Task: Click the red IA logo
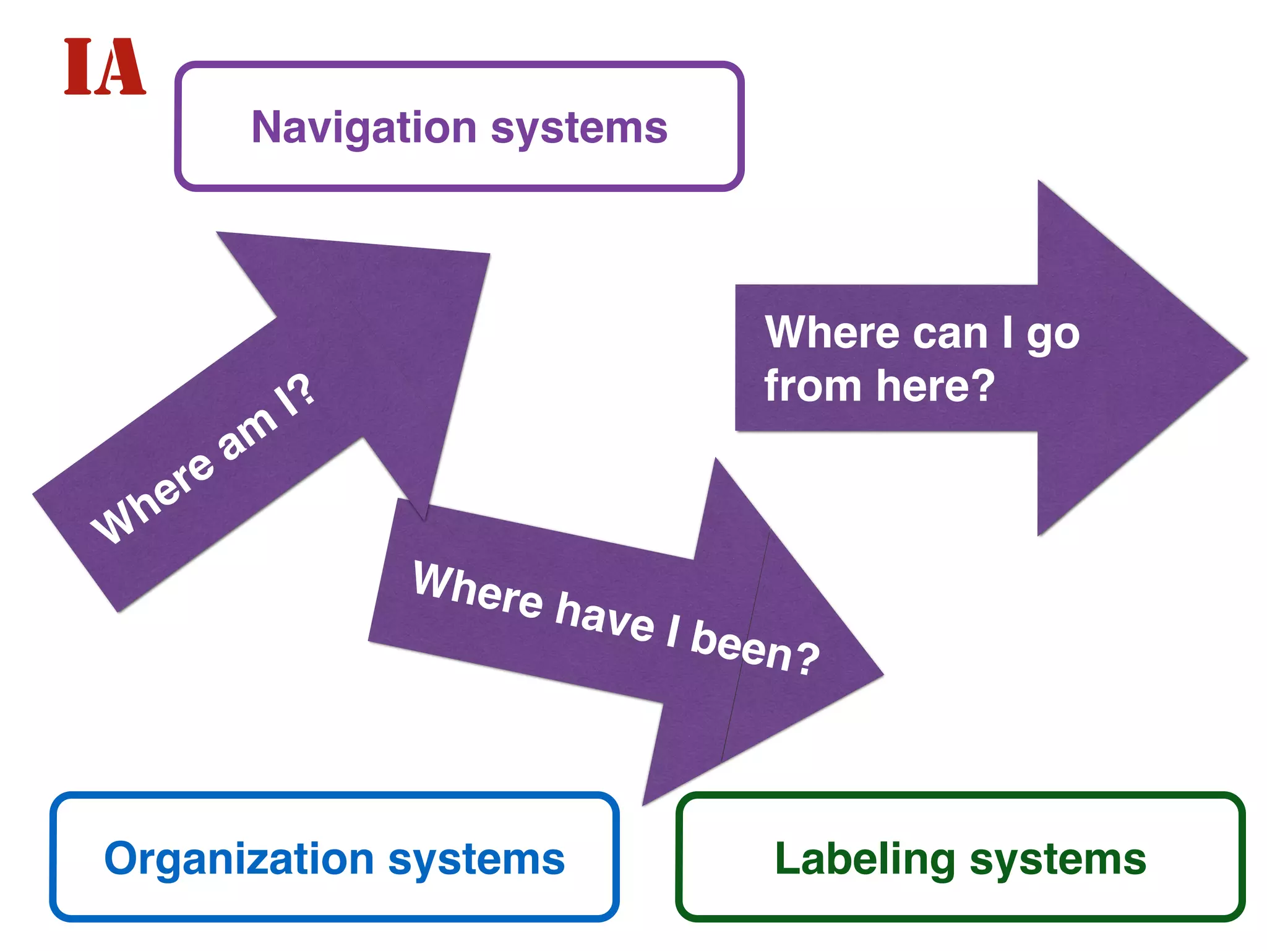[105, 66]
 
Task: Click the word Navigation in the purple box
[364, 128]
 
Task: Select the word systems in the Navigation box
[579, 128]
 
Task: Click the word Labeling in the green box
[865, 859]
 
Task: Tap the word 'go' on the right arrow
[1053, 336]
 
